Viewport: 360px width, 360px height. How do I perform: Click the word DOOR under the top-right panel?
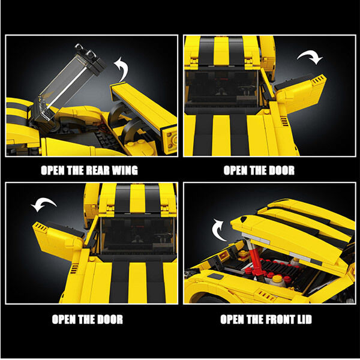pos(281,170)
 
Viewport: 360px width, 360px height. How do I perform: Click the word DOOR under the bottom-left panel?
pos(110,319)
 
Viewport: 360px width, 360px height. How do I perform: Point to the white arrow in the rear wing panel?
pos(122,69)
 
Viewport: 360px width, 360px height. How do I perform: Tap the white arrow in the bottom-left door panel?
pos(43,203)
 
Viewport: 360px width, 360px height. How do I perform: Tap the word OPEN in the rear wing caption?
pos(52,170)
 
